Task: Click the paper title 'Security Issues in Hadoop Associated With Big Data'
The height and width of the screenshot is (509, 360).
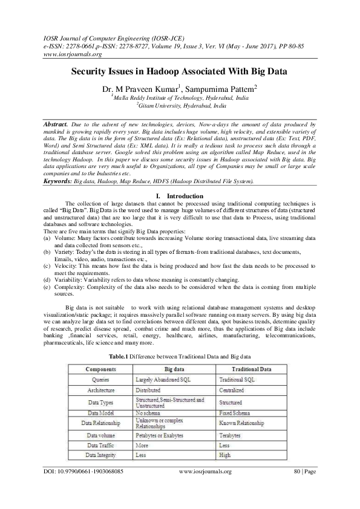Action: tap(180, 71)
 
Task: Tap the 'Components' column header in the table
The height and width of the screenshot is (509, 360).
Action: tap(100, 368)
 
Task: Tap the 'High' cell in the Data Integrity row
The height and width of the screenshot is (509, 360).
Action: tap(224, 454)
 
